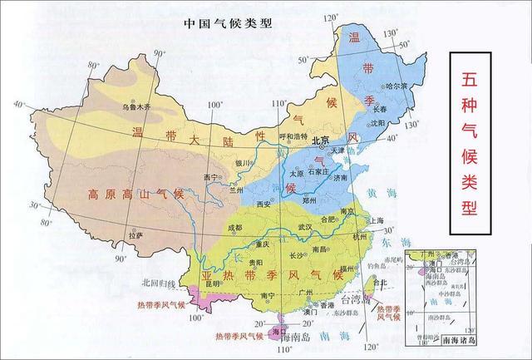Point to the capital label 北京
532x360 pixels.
coord(322,142)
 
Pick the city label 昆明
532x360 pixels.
coord(212,285)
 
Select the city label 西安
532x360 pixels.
coord(264,203)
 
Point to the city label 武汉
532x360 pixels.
coord(304,227)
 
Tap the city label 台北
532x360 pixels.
coord(382,283)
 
